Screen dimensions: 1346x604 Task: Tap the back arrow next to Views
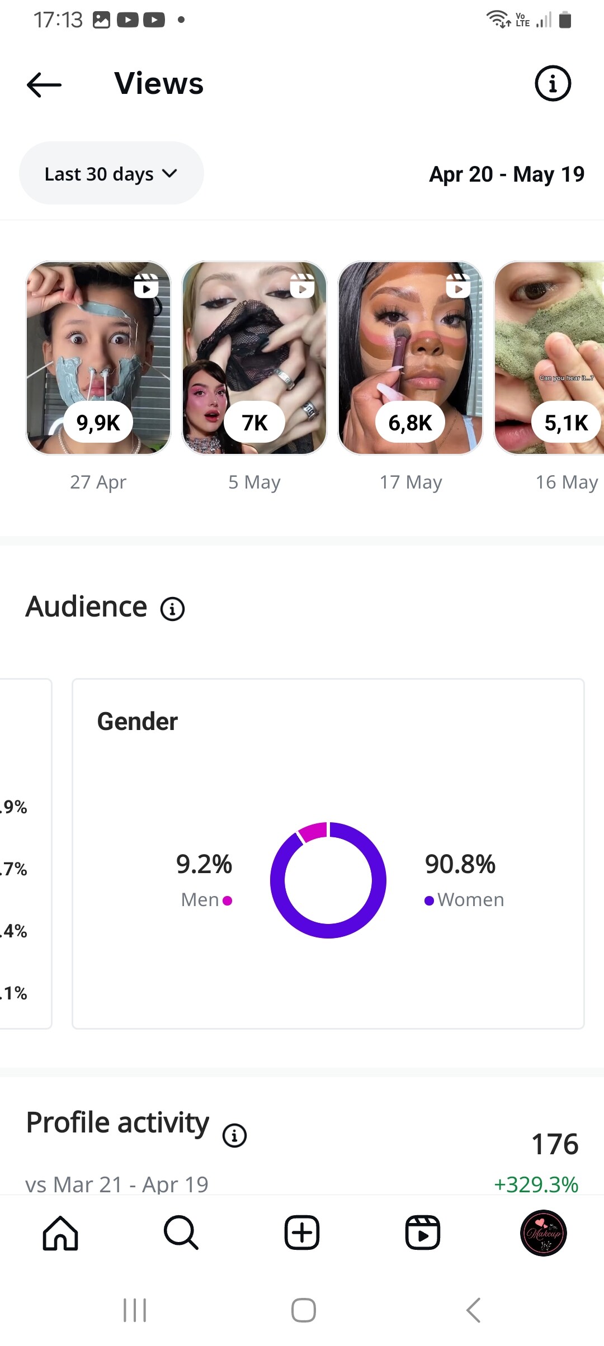pyautogui.click(x=44, y=85)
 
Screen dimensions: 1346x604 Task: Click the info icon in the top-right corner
pyautogui.click(x=553, y=84)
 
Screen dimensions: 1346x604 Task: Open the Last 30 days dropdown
pyautogui.click(x=111, y=173)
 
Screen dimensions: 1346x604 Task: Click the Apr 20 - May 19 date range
pyautogui.click(x=507, y=174)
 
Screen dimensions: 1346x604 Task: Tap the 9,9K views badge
pyautogui.click(x=98, y=423)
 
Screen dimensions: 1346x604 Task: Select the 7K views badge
pyautogui.click(x=254, y=423)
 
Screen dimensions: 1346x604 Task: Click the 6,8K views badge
pyautogui.click(x=410, y=423)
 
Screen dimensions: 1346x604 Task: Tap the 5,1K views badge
pyautogui.click(x=566, y=423)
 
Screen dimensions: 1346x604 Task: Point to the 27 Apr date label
pyautogui.click(x=98, y=482)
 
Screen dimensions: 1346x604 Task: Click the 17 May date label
pyautogui.click(x=411, y=482)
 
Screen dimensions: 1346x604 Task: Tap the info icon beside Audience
pyautogui.click(x=172, y=609)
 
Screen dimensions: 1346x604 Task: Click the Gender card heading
pyautogui.click(x=138, y=722)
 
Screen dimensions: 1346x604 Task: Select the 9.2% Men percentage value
pyautogui.click(x=204, y=864)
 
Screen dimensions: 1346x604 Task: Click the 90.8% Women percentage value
pyautogui.click(x=460, y=864)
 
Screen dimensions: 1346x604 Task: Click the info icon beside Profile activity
pyautogui.click(x=234, y=1136)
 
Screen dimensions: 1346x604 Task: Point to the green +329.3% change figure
pyautogui.click(x=536, y=1184)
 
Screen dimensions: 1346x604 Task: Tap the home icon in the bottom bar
pyautogui.click(x=60, y=1233)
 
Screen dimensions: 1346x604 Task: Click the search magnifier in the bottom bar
pyautogui.click(x=181, y=1233)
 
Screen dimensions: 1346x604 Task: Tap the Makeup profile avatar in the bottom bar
pyautogui.click(x=543, y=1233)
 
